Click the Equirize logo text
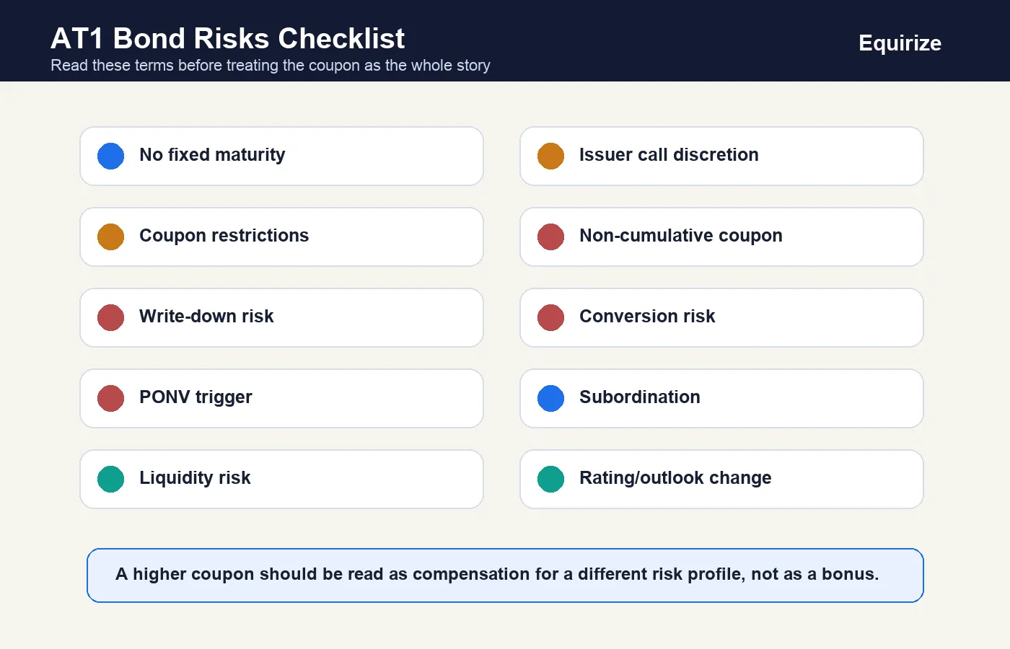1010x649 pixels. (x=900, y=44)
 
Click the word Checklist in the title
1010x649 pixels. (x=341, y=38)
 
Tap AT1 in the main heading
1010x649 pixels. (x=77, y=38)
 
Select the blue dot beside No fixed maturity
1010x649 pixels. (x=110, y=156)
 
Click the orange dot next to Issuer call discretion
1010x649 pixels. (x=550, y=156)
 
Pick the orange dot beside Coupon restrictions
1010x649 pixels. (x=110, y=237)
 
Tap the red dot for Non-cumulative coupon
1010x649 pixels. (x=550, y=237)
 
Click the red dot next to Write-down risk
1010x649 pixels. (x=110, y=317)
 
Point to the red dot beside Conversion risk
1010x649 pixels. (x=550, y=317)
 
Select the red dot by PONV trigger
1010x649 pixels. (x=110, y=398)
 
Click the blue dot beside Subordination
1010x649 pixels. (x=550, y=398)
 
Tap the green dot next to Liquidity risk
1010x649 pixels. (x=110, y=479)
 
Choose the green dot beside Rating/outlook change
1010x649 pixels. (x=550, y=479)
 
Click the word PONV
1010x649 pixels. (x=164, y=397)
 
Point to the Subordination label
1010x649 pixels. (x=639, y=397)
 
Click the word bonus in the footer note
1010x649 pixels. (x=850, y=574)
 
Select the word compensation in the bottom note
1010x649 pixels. (x=471, y=575)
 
